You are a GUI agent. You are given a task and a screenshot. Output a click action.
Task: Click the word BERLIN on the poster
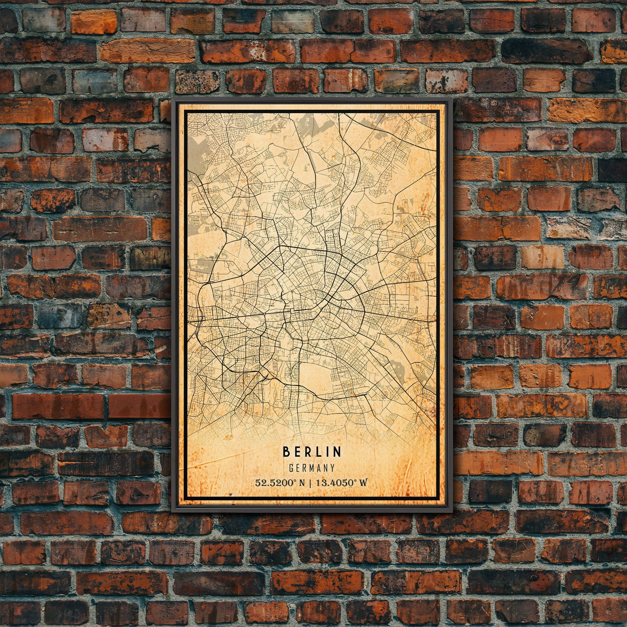click(312, 452)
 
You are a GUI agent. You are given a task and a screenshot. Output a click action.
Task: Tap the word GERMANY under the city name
click(312, 468)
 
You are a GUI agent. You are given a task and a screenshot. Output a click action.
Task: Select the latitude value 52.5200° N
click(279, 483)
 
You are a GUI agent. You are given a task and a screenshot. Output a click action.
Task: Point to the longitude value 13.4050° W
click(342, 483)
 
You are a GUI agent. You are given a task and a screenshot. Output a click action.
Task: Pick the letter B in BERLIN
click(286, 452)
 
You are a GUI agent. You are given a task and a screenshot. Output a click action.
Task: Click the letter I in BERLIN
click(329, 452)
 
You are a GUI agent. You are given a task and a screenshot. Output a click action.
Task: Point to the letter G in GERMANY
click(292, 468)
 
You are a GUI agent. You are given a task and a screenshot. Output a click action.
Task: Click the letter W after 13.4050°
click(364, 483)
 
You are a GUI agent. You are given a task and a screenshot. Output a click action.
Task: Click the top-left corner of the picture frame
click(173, 98)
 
